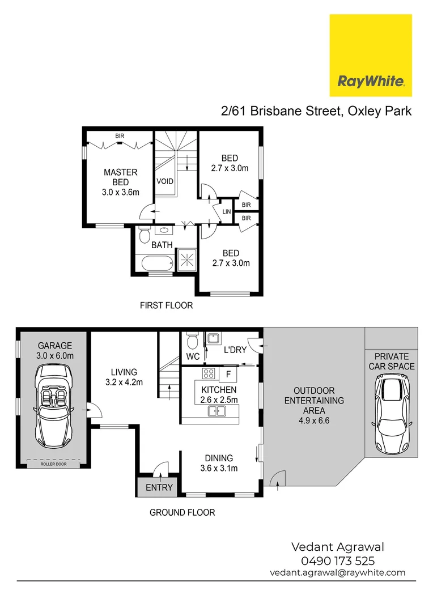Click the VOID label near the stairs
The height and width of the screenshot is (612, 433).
(165, 181)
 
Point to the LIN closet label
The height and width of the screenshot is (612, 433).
(227, 211)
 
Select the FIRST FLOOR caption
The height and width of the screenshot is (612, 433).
(166, 305)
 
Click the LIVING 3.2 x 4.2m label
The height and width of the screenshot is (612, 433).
(124, 377)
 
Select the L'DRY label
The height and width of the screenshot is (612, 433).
(235, 350)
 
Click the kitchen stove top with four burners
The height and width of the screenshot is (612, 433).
(208, 374)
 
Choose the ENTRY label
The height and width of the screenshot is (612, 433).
(159, 487)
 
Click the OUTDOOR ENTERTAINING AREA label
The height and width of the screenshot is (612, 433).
(313, 406)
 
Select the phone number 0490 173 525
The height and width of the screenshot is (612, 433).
(337, 561)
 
